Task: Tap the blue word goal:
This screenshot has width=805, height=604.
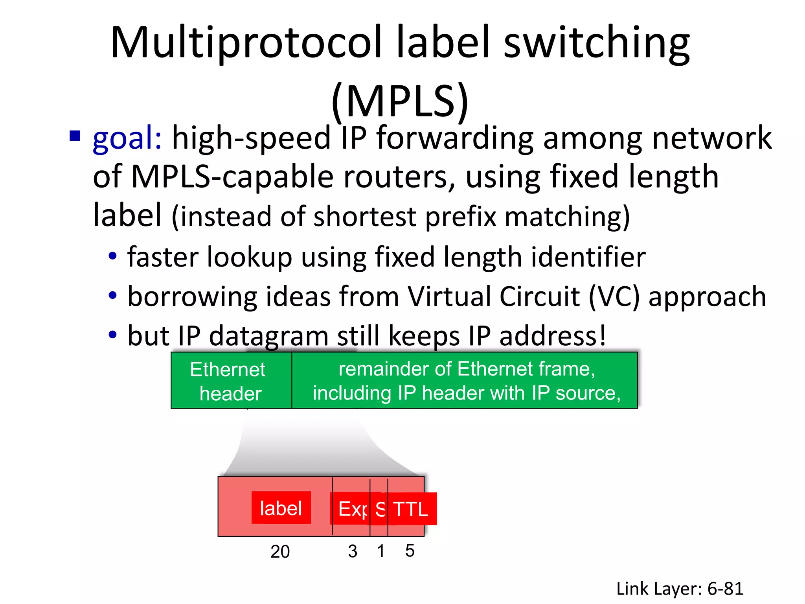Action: (127, 138)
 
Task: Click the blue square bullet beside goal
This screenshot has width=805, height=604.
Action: (75, 136)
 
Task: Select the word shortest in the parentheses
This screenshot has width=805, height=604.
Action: (365, 217)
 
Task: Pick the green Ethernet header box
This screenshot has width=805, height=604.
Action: (231, 381)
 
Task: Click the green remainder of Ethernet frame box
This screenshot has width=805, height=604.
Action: (465, 381)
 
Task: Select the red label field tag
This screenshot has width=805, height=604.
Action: (281, 508)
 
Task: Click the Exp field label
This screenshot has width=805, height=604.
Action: (350, 509)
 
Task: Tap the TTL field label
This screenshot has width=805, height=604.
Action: (411, 509)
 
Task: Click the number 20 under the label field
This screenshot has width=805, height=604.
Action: (280, 551)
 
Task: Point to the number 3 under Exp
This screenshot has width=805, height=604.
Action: (353, 551)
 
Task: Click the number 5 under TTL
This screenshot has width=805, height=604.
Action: (410, 551)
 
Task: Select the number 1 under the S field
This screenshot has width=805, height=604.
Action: (380, 551)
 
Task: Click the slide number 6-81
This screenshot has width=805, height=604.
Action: (725, 589)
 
